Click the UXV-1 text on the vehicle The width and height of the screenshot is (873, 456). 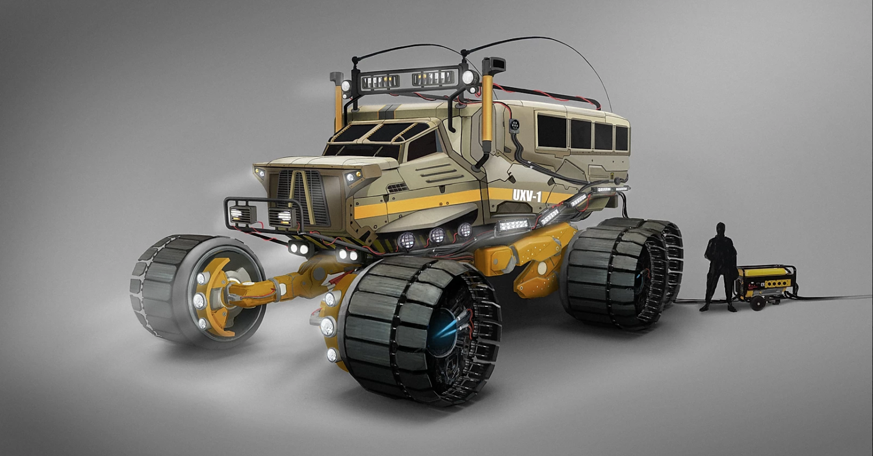click(x=527, y=196)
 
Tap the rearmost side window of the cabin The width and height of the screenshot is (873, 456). click(x=622, y=139)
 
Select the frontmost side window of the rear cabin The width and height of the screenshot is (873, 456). click(x=552, y=130)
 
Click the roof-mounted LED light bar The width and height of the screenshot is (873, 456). click(x=409, y=80)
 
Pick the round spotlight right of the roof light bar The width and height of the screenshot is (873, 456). click(x=468, y=77)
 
